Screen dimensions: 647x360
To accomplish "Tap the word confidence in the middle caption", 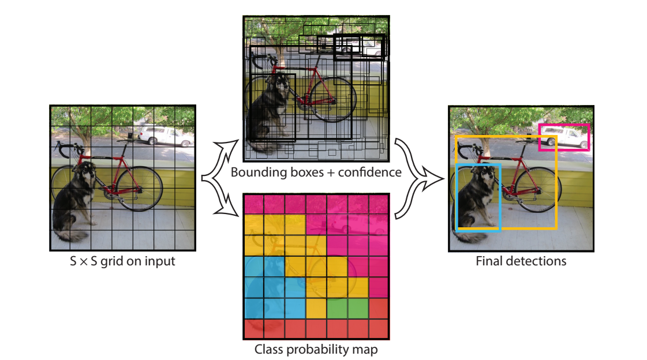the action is pos(370,172).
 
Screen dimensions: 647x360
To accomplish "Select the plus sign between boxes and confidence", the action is pos(331,172).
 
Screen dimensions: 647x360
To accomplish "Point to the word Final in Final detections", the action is pos(489,261).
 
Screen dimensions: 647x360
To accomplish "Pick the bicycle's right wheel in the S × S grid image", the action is pos(140,189).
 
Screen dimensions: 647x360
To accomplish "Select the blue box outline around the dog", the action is pos(457,197).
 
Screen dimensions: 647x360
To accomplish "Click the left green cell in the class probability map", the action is pos(336,309).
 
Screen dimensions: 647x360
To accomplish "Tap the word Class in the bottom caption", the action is pos(268,349).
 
